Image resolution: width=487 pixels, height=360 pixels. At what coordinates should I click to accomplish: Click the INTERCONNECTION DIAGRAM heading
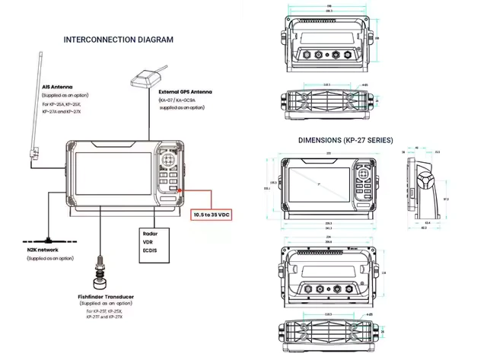tap(118, 40)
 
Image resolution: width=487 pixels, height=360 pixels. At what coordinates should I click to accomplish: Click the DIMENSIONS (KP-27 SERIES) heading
tap(346, 140)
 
